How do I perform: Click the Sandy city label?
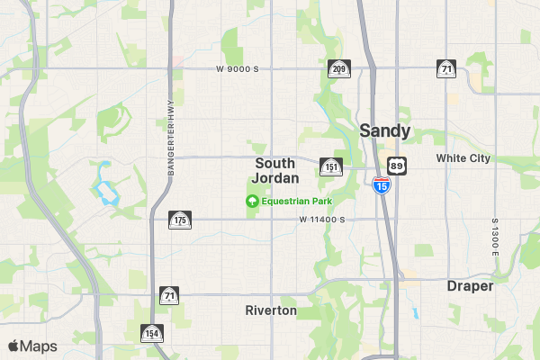(385, 130)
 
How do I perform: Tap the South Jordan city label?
(274, 170)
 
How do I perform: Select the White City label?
(463, 158)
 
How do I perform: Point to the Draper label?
(470, 286)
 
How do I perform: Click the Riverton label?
(271, 310)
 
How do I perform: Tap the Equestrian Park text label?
(291, 201)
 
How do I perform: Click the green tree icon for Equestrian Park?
(253, 201)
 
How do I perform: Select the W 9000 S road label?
(238, 68)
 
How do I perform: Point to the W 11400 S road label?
(323, 220)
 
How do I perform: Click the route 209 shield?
(338, 68)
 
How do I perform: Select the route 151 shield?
(331, 166)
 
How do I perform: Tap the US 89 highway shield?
(398, 166)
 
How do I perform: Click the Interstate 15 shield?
(382, 185)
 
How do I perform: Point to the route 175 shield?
(180, 220)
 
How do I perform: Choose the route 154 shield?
(151, 334)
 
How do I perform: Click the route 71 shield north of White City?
(446, 68)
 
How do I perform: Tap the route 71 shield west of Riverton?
(170, 294)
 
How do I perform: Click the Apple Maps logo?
(32, 346)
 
